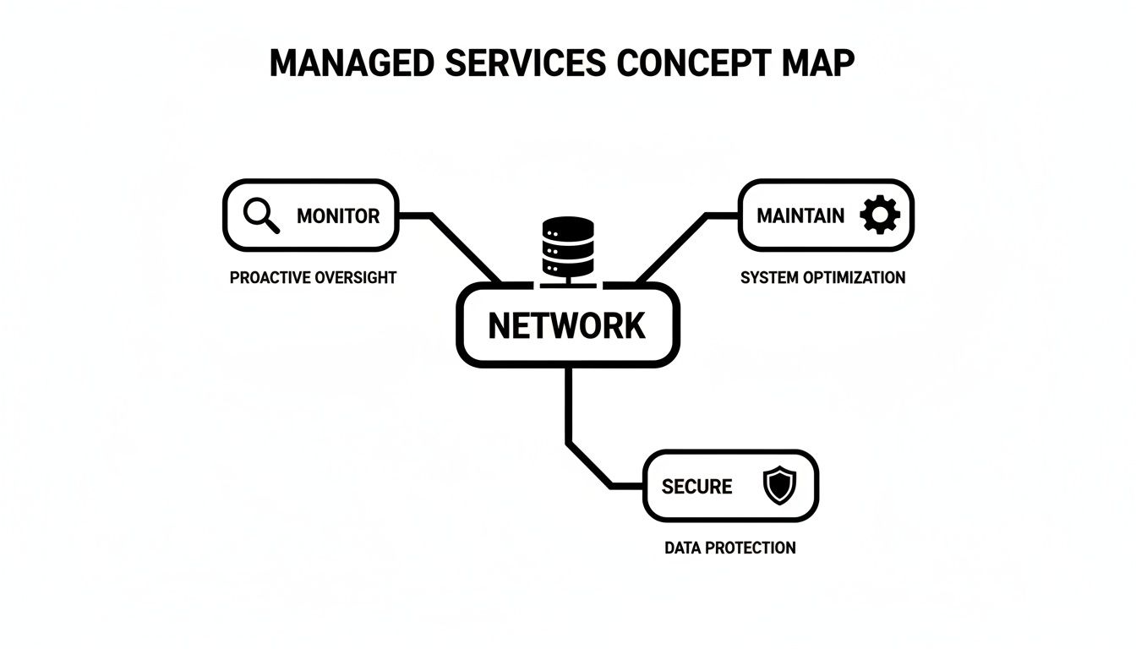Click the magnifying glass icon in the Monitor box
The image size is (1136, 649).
point(260,215)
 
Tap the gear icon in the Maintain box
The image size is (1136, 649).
point(879,215)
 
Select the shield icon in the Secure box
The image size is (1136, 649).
point(778,487)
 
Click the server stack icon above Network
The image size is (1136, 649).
point(568,247)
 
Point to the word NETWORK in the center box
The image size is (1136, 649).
point(567,325)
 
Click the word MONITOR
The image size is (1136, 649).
point(338,215)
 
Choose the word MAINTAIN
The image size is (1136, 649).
point(800,215)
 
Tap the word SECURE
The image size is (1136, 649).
point(696,487)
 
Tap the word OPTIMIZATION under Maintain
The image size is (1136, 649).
point(854,277)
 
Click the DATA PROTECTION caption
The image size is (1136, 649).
point(729,548)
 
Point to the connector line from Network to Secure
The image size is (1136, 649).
point(568,406)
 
